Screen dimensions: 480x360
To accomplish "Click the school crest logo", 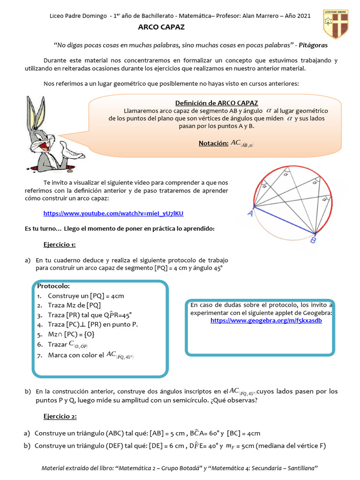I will [335, 24].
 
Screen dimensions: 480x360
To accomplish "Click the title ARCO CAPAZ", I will [161, 27].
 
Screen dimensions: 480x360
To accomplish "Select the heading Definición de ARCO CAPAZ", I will [216, 103].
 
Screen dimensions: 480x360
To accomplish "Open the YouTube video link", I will [113, 213].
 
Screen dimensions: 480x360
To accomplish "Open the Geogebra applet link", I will [266, 321].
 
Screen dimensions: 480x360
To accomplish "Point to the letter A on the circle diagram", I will [250, 214].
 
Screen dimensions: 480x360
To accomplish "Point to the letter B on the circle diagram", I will [313, 240].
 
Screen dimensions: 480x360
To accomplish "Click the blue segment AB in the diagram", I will [284, 220].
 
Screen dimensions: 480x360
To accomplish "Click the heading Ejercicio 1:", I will [60, 245].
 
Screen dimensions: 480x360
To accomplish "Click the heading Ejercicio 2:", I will [60, 416].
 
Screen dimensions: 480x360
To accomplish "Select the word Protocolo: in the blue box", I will [53, 286].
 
